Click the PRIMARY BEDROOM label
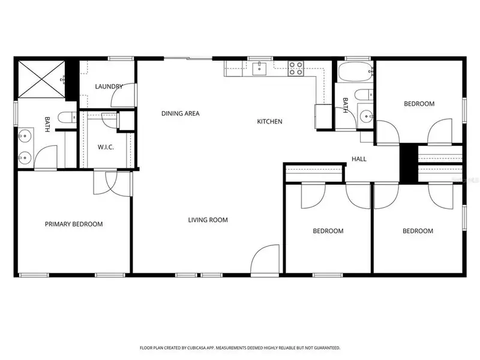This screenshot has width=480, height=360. click(x=74, y=224)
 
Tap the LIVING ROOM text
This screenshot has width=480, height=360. click(x=208, y=220)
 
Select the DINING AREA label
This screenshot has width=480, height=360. click(x=180, y=113)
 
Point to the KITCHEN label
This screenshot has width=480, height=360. click(x=269, y=122)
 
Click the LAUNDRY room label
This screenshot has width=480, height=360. click(x=109, y=86)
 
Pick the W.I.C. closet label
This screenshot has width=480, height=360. click(x=106, y=148)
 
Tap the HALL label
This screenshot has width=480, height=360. click(x=359, y=159)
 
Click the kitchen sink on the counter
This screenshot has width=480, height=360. click(x=259, y=68)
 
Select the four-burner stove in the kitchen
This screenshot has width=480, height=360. click(x=296, y=68)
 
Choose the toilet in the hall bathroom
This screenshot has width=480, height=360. click(x=364, y=95)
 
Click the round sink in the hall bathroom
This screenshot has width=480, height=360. click(x=365, y=116)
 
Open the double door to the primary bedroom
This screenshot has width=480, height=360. click(x=113, y=182)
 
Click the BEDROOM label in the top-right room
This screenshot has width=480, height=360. click(x=419, y=104)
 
